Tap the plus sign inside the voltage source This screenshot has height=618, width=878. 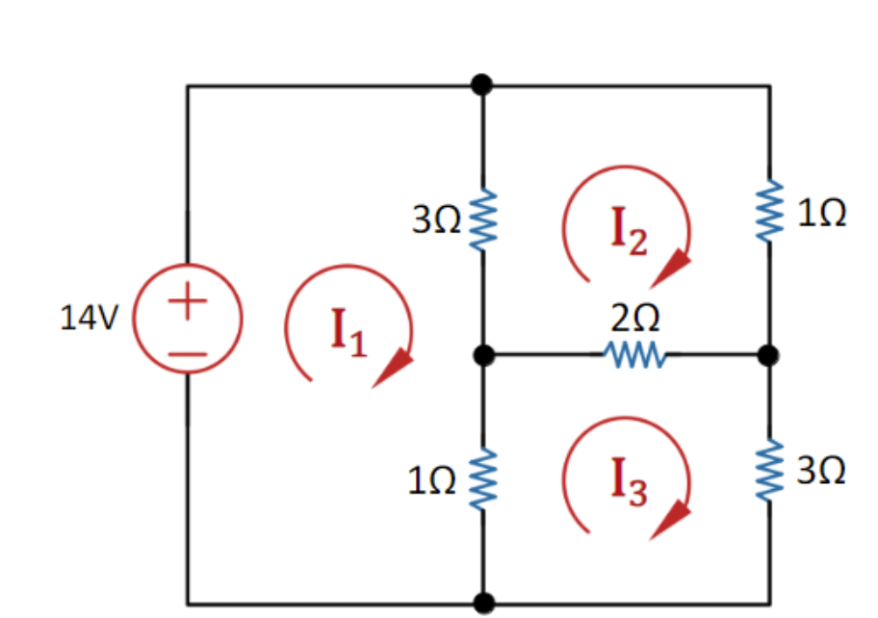click(189, 300)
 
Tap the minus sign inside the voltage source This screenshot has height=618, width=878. click(189, 353)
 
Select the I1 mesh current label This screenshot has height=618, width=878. click(349, 332)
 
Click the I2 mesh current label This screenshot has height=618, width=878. click(629, 231)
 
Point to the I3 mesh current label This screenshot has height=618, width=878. click(629, 481)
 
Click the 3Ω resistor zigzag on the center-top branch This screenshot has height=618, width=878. click(482, 219)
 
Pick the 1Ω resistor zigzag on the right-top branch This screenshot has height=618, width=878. click(769, 212)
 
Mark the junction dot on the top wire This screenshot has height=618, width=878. click(482, 85)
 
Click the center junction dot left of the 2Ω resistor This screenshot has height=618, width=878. click(484, 356)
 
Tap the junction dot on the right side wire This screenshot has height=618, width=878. click(767, 356)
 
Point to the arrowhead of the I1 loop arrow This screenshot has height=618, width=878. click(394, 370)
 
